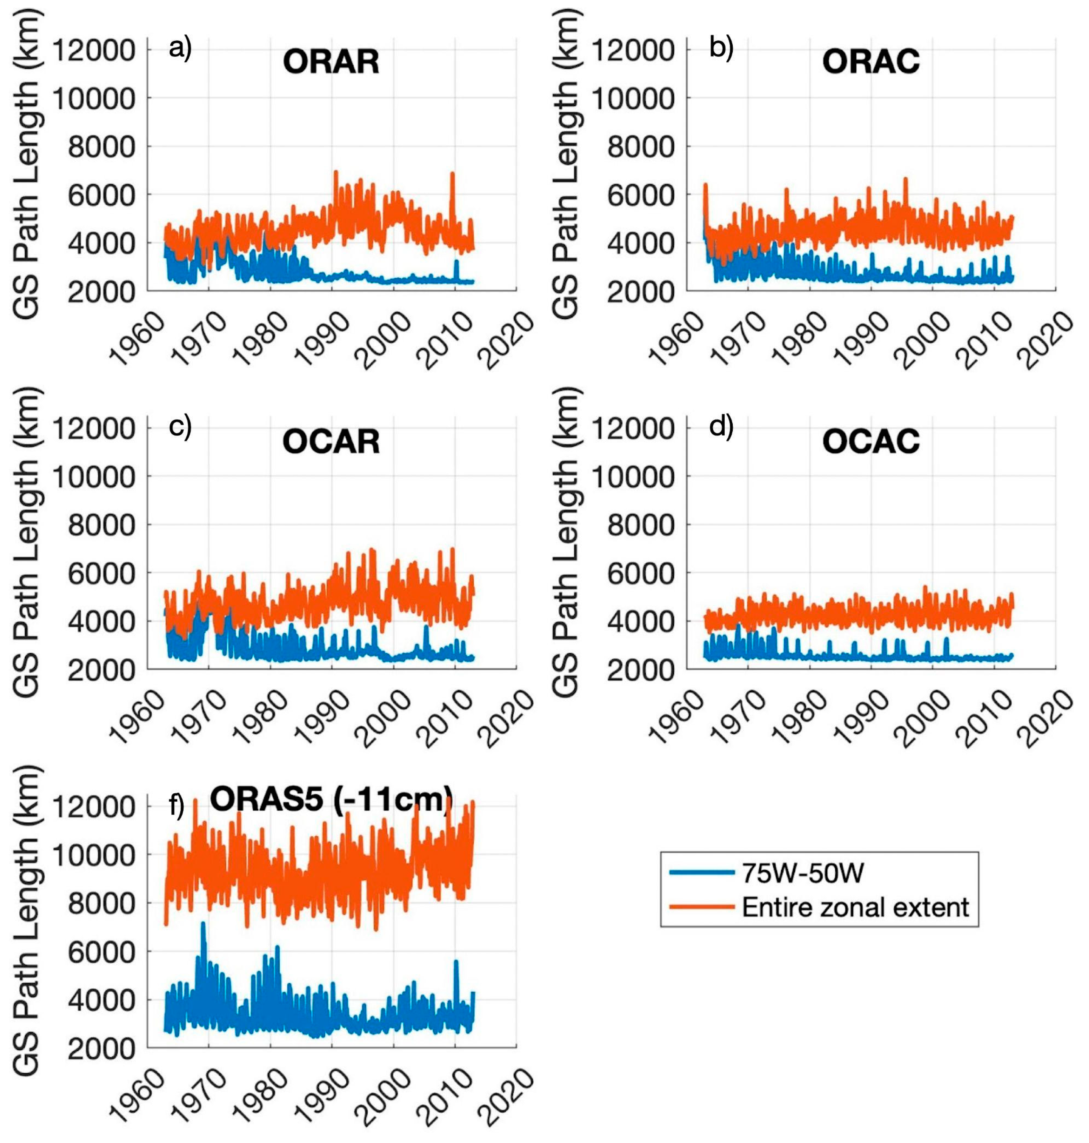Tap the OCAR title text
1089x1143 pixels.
(x=331, y=442)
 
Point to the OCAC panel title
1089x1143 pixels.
(x=871, y=442)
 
